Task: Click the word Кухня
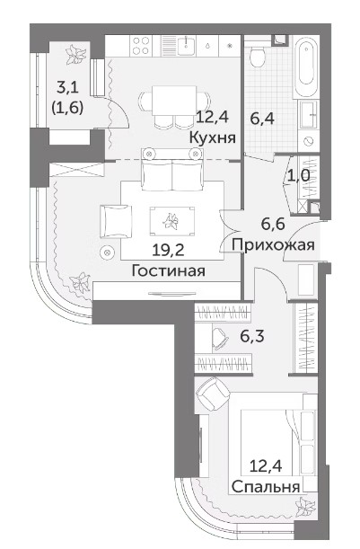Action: [x=212, y=137]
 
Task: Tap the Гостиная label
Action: [x=168, y=270]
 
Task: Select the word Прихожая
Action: [x=273, y=244]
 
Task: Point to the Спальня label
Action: [x=266, y=487]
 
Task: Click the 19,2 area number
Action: [x=168, y=250]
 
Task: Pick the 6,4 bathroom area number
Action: [x=262, y=119]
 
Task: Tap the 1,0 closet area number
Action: [x=298, y=175]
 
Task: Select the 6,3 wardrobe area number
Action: [x=252, y=336]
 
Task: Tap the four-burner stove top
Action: [x=141, y=46]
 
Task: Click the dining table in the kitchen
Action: [x=174, y=100]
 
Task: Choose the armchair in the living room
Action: [x=116, y=222]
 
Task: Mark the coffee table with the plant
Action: [x=171, y=221]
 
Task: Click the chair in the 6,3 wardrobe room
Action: [x=220, y=338]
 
